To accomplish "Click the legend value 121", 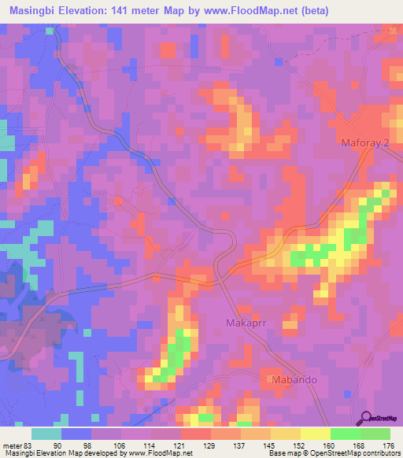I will [x=180, y=446].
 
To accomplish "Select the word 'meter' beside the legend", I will [x=12, y=446].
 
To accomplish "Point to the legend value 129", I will [x=210, y=446].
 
